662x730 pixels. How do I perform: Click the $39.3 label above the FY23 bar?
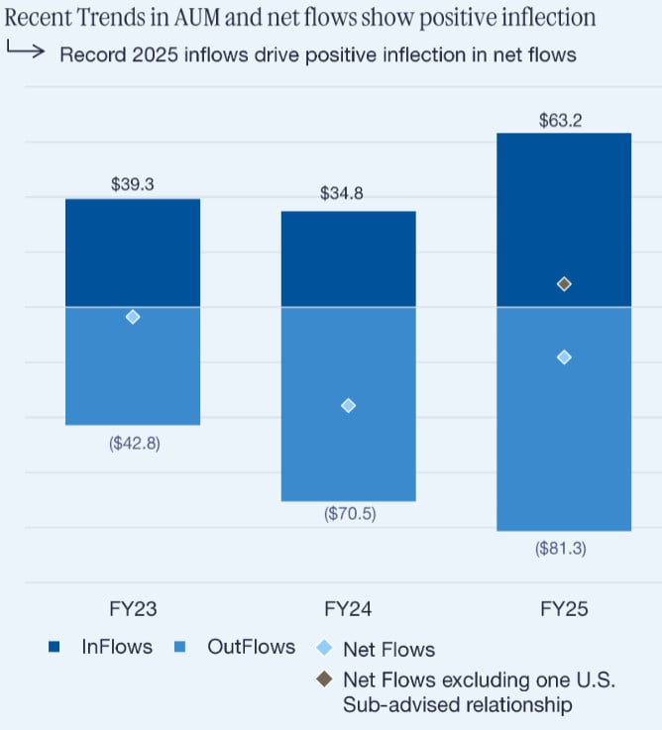coord(133,184)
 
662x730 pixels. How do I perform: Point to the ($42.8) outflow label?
coord(134,443)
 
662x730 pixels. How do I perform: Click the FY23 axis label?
coord(133,609)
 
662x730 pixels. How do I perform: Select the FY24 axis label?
coord(348,609)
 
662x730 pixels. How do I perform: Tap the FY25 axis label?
coord(564,609)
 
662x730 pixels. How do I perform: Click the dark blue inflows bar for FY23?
coord(133,253)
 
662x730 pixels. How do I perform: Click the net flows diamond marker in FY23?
coord(133,317)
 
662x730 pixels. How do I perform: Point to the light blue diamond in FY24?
coord(348,405)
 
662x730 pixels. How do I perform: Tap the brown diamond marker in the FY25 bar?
coord(564,284)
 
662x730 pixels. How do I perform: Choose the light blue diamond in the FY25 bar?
coord(564,357)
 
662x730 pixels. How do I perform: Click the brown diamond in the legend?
coord(323,681)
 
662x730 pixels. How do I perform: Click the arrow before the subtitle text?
coord(25,52)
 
